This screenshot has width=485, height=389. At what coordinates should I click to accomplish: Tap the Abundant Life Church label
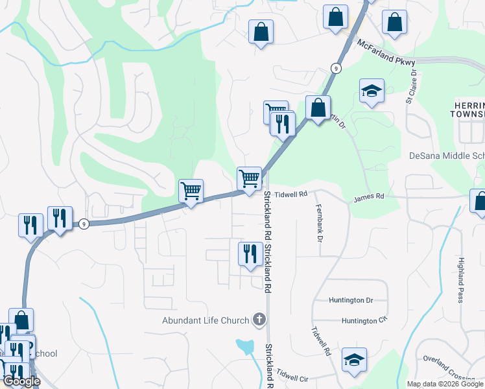pos(206,320)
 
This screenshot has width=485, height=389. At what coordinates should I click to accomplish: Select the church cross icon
pos(259,319)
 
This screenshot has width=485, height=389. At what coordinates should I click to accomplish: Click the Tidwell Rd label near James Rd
pos(290,194)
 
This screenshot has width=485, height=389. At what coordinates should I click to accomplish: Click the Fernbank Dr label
pos(319,224)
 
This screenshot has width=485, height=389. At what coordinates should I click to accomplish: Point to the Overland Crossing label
pos(447,367)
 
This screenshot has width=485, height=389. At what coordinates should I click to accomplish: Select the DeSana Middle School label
pos(447,156)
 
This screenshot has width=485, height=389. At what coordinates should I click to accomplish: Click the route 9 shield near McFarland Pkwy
pos(335,67)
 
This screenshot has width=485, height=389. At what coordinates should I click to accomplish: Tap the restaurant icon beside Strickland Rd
pos(250,253)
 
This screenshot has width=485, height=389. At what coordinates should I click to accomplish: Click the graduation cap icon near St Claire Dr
pos(372,91)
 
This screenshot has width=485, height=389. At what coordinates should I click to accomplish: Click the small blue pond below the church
pos(245,346)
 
